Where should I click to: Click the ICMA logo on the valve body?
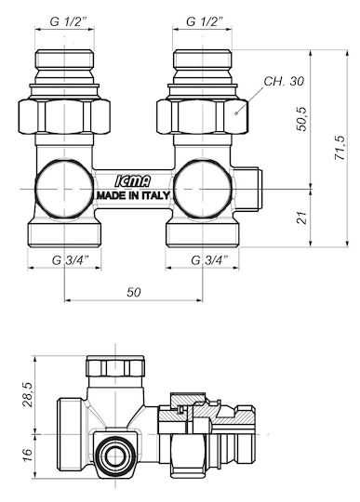point(133,182)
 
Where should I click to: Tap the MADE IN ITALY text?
point(133,195)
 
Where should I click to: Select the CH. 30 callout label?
point(284,81)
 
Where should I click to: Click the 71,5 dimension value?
point(340,148)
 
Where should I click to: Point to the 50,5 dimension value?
point(301,118)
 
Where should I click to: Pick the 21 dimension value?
point(301,218)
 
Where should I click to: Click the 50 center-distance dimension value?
point(134,292)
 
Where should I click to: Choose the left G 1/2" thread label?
point(68,21)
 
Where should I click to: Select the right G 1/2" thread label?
point(205,21)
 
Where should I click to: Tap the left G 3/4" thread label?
point(71,260)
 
